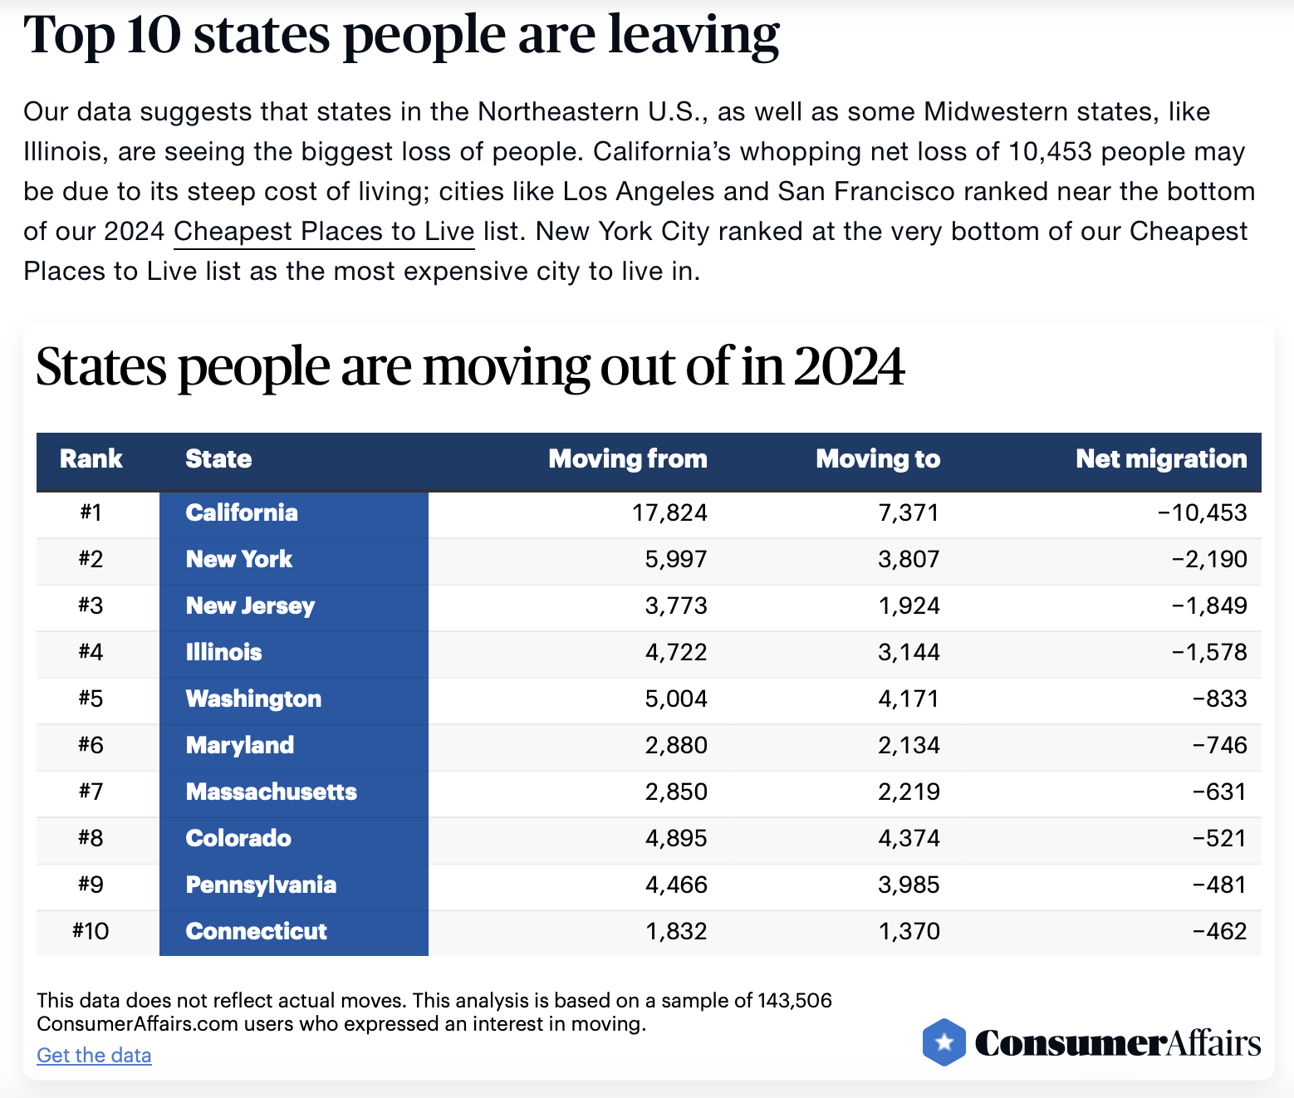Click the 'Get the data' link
coord(94,1055)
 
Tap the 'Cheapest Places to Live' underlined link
coord(324,231)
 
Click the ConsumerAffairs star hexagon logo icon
coord(944,1042)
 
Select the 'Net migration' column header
coord(1161,458)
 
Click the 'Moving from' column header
coord(628,458)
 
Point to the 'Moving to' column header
coord(878,458)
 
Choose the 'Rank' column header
coord(91,458)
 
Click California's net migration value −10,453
coord(1203,512)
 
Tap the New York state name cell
coord(239,559)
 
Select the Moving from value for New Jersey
coord(676,605)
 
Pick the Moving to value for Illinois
coord(909,652)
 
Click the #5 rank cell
coord(91,699)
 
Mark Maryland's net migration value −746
coord(1219,745)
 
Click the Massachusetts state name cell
coord(272,792)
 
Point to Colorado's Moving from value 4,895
coord(676,838)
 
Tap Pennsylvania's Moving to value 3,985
coord(909,885)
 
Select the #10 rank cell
coord(91,931)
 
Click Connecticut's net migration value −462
coord(1219,931)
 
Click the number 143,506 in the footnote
coord(795,1000)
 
